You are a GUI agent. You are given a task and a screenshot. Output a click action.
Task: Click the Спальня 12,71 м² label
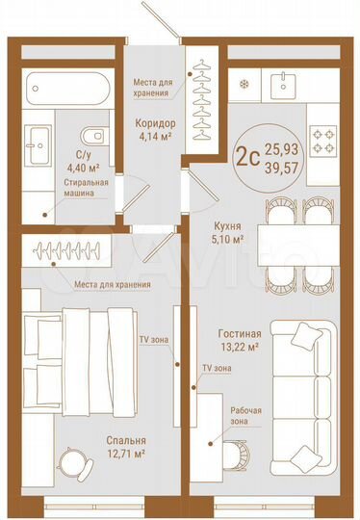coord(126,446)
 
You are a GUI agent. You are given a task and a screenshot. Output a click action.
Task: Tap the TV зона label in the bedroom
coord(150,342)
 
